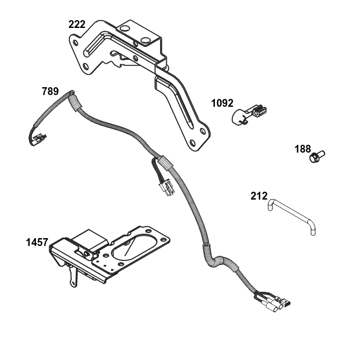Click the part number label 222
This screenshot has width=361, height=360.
(x=77, y=25)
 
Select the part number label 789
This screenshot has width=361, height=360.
(x=50, y=91)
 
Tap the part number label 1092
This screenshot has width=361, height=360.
(x=222, y=103)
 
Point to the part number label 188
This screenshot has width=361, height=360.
(x=303, y=149)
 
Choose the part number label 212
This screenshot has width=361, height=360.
(x=259, y=196)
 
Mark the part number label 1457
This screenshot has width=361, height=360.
(x=37, y=242)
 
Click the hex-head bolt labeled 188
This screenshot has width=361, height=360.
(x=317, y=157)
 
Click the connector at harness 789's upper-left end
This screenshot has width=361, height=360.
(x=39, y=140)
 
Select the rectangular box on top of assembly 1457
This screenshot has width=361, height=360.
(x=88, y=241)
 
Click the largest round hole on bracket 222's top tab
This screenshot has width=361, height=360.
(x=144, y=40)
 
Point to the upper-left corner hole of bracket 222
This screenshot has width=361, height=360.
(x=75, y=42)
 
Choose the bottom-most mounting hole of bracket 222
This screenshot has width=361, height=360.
(x=193, y=143)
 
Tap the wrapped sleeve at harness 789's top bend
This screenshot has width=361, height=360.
(x=76, y=102)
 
